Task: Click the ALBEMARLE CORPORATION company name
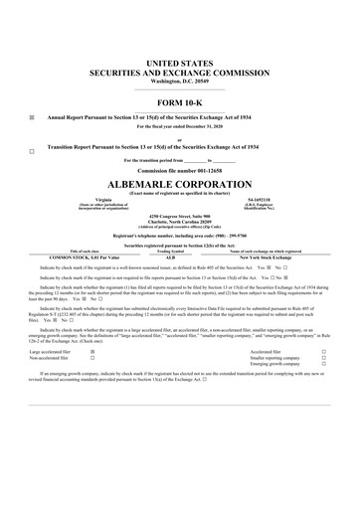point(180,184)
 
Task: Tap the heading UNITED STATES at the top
point(180,63)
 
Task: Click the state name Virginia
point(96,199)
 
